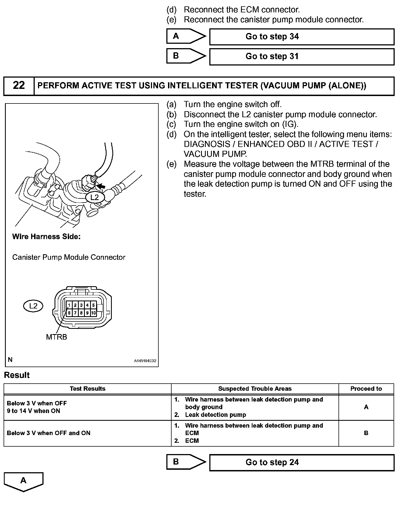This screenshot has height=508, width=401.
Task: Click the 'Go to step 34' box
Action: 302,37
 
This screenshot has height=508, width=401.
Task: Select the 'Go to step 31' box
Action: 302,56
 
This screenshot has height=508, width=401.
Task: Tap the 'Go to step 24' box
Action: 302,462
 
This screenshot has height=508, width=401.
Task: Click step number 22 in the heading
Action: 19,86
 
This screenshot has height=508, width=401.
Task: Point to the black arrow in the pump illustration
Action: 101,186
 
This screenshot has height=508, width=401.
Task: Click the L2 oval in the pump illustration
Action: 94,197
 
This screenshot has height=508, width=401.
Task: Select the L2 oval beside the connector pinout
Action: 33,306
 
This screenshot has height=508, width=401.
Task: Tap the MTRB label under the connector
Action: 56,337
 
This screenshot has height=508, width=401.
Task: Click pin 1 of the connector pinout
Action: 69,305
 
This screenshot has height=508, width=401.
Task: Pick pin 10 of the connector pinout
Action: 93,313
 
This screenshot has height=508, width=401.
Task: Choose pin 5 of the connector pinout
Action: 93,305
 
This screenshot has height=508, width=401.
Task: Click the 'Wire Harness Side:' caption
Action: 46,237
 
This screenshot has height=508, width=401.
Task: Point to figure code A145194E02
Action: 145,361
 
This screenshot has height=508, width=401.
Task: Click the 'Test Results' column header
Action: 88,389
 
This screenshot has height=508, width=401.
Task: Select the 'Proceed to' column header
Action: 366,389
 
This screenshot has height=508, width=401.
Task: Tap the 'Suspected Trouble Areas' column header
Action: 255,389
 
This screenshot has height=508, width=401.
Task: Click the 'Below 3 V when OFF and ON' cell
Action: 49,433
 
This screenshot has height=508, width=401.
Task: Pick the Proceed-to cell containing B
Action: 366,433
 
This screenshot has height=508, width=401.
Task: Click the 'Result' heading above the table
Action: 17,375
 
